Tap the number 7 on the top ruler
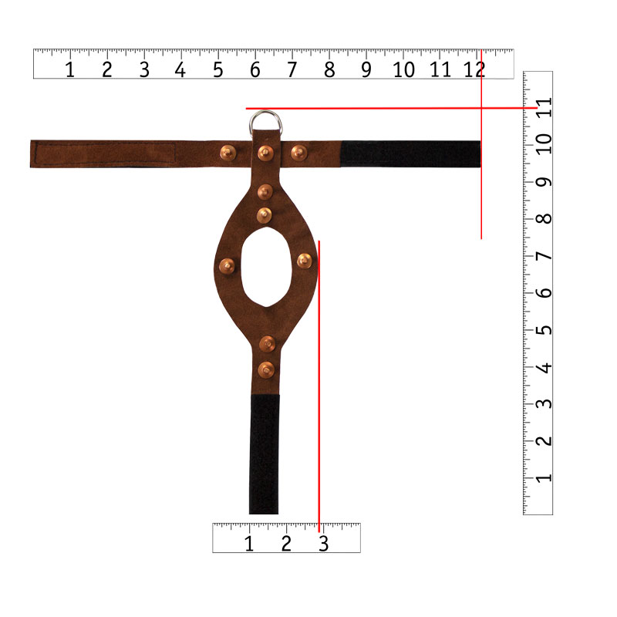click(292, 70)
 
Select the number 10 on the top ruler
click(403, 70)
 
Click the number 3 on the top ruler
click(144, 70)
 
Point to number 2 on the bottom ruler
click(286, 544)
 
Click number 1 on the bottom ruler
click(248, 544)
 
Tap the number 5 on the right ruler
click(545, 330)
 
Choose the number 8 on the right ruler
click(545, 219)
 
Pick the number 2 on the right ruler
click(545, 440)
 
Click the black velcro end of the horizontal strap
click(410, 153)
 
